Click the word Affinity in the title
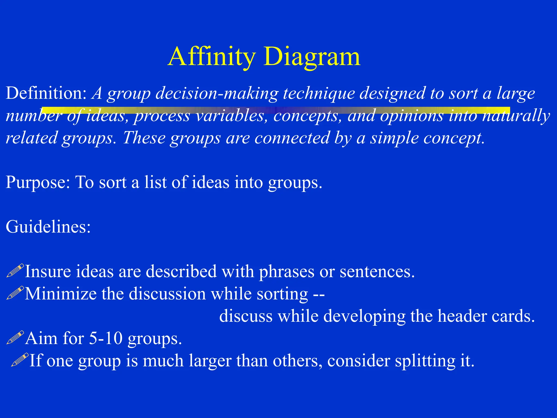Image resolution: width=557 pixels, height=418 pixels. pos(212,57)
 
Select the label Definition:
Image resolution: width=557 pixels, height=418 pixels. pos(46,93)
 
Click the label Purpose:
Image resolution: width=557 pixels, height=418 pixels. pos(38,182)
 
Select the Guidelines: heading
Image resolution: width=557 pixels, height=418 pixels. pos(48,227)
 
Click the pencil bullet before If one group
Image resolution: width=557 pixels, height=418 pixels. pos(20,360)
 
